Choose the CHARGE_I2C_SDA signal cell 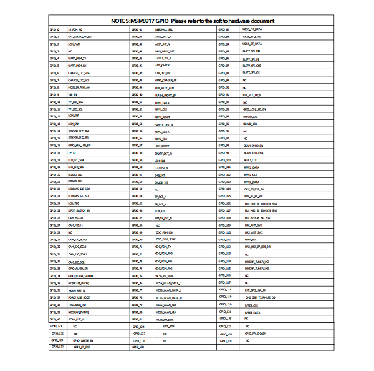(x=79, y=73)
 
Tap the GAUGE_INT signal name (x=161, y=182)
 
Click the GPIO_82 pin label (x=224, y=29)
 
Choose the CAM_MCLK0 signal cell (x=75, y=217)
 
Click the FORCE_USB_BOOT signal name (x=79, y=298)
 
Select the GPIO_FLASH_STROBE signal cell (x=80, y=275)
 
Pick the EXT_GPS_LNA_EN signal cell (x=256, y=290)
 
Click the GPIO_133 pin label (x=139, y=347)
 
